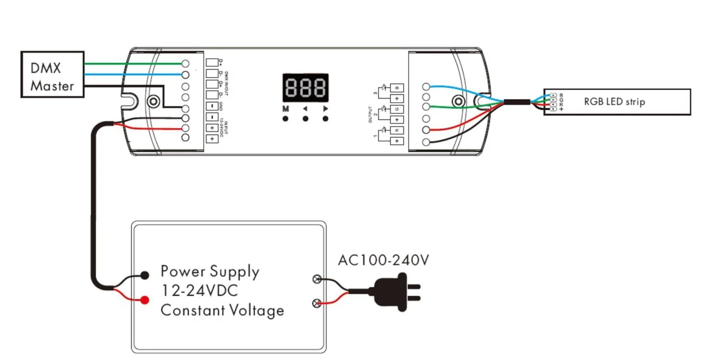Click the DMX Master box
(x=52, y=75)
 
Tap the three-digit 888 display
(x=305, y=87)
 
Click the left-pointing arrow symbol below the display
(x=305, y=109)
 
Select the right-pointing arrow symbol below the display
(x=325, y=109)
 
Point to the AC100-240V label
(x=383, y=261)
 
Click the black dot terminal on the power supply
(x=145, y=275)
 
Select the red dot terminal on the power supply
(x=145, y=300)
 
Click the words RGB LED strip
(x=614, y=101)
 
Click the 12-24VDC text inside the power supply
(x=199, y=290)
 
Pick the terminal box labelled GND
(x=212, y=106)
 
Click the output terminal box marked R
(x=397, y=130)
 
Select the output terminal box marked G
(x=397, y=109)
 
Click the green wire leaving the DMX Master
(x=133, y=64)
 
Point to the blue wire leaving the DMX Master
(x=133, y=75)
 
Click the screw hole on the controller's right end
(x=458, y=101)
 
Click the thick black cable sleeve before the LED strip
(x=517, y=102)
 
